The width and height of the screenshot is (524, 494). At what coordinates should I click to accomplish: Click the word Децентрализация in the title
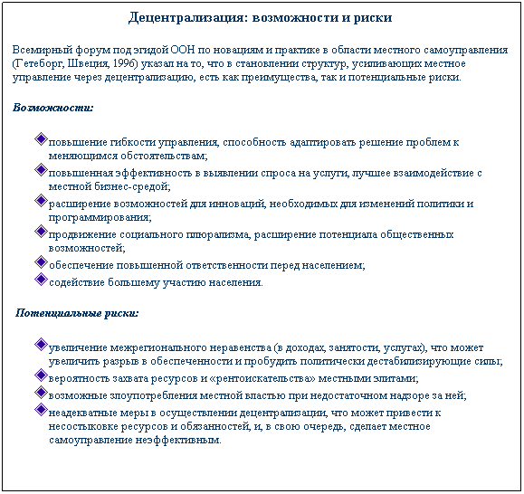pos(180,17)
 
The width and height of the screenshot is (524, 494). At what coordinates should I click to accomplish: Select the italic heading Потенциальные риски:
pos(78,313)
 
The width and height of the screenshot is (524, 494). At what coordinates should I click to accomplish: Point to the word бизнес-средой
pos(136,187)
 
